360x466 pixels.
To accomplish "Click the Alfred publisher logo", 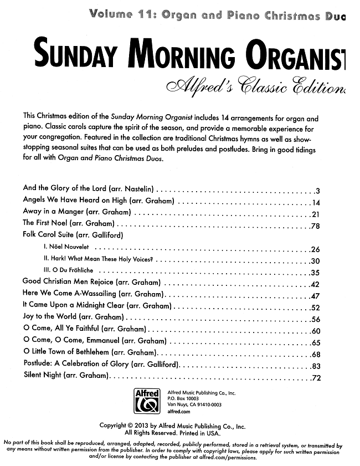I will point(147,401).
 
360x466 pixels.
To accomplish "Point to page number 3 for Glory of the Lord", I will point(317,190).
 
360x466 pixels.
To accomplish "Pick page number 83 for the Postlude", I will point(316,366).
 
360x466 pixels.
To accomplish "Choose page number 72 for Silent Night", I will point(316,379).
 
